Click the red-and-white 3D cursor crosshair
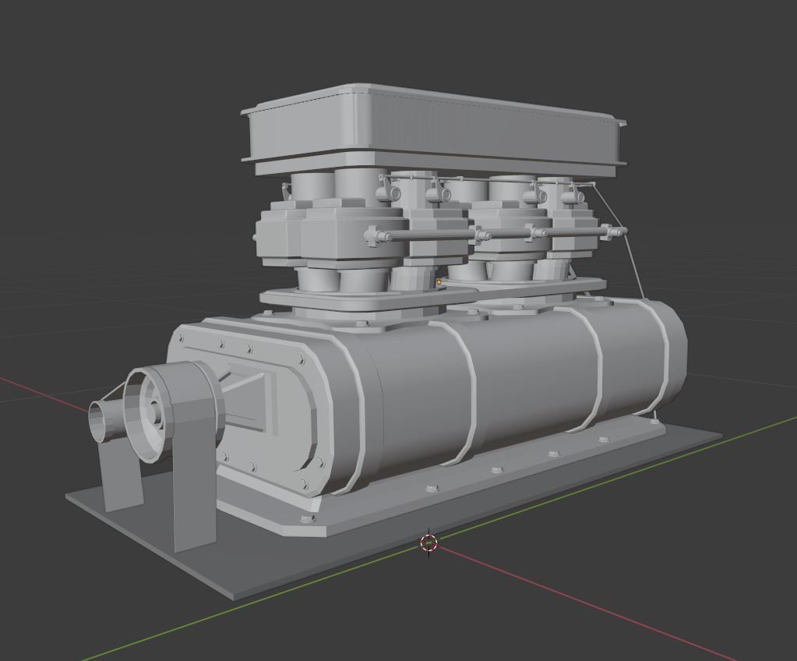pos(428,543)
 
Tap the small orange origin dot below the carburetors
pos(439,282)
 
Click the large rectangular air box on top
pos(432,129)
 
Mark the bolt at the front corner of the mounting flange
pos(305,518)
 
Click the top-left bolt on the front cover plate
pos(182,339)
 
